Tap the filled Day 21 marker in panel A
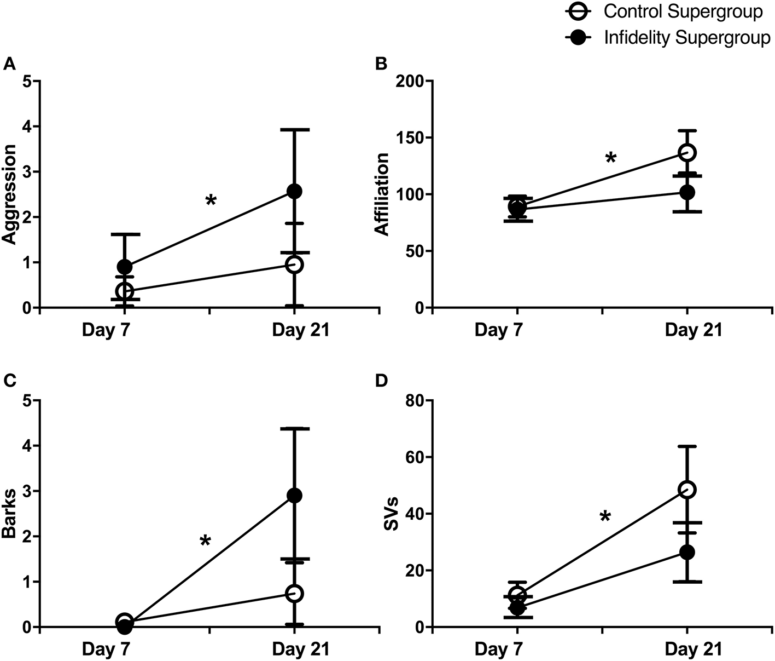(294, 191)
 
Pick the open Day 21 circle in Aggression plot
(294, 265)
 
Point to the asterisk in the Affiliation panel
(611, 159)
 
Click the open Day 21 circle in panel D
(687, 489)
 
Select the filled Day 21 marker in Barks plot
(294, 496)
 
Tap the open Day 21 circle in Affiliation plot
(687, 152)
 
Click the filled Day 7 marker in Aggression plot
(125, 267)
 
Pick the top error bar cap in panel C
(294, 428)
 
